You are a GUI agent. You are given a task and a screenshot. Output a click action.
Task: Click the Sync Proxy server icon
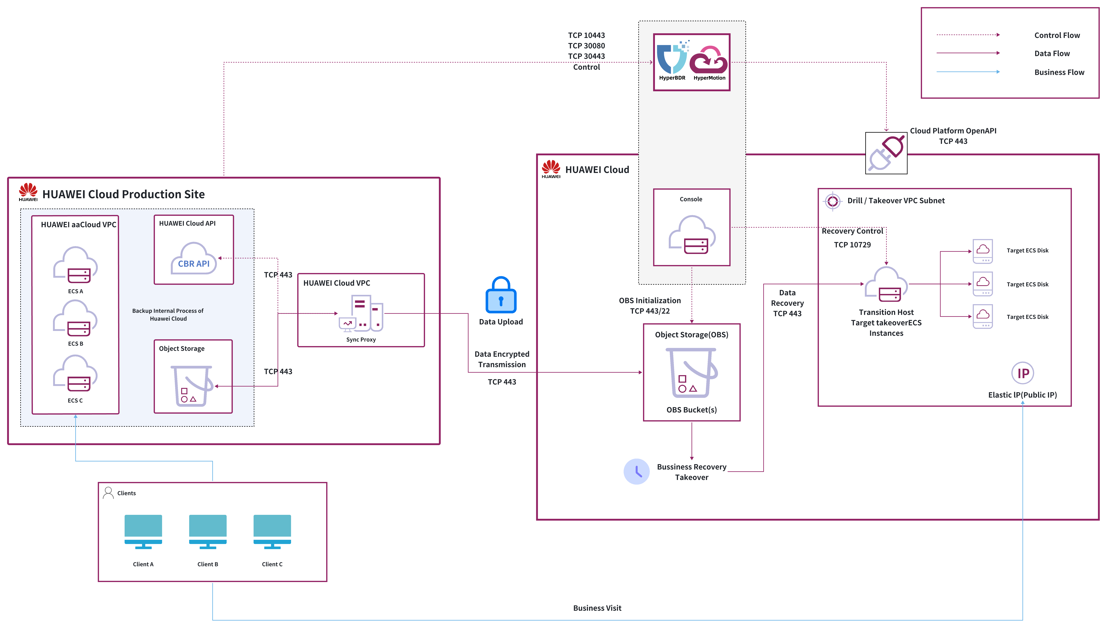[x=361, y=313]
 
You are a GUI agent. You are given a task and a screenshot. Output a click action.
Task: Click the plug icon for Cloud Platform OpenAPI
[x=886, y=153]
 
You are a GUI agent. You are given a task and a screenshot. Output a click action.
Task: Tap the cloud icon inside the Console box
[x=691, y=235]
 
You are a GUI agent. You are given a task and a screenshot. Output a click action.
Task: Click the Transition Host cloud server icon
[x=886, y=285]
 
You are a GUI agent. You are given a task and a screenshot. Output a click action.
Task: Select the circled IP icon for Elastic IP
[x=1023, y=373]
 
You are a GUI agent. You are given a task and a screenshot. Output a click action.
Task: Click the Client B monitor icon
[x=208, y=532]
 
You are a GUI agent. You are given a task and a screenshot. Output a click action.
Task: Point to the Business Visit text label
[x=597, y=608]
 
